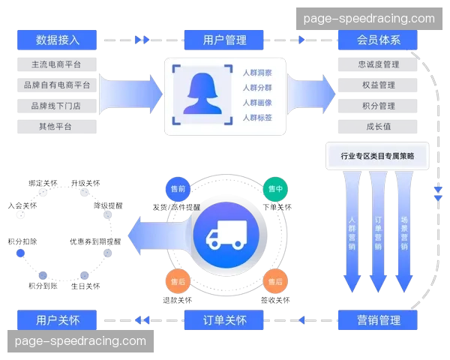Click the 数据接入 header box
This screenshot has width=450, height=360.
click(58, 40)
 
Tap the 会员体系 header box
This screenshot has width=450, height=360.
click(378, 40)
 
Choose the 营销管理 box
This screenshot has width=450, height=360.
click(378, 320)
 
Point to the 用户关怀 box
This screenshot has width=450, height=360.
click(58, 320)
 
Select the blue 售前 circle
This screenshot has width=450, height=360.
click(178, 190)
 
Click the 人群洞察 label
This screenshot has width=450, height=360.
click(256, 73)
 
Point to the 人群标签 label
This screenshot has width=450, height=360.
click(256, 118)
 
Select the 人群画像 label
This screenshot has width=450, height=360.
click(256, 103)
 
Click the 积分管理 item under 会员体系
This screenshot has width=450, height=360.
click(378, 106)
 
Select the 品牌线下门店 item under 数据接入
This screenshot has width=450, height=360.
click(58, 106)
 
